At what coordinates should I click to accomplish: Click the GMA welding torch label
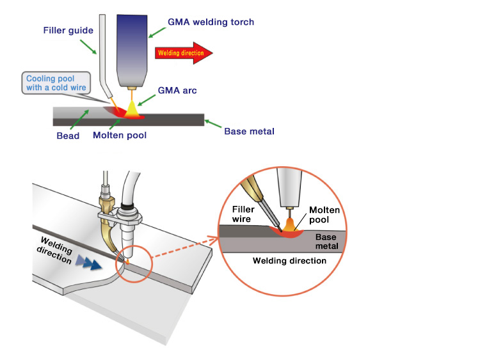click(211, 22)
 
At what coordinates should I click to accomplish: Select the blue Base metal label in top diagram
click(249, 132)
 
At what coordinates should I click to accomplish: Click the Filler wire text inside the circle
click(243, 214)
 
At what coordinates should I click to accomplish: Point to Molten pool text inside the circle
click(324, 214)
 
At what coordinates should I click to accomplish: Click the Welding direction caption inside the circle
click(289, 261)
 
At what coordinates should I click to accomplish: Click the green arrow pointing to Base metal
click(212, 125)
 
